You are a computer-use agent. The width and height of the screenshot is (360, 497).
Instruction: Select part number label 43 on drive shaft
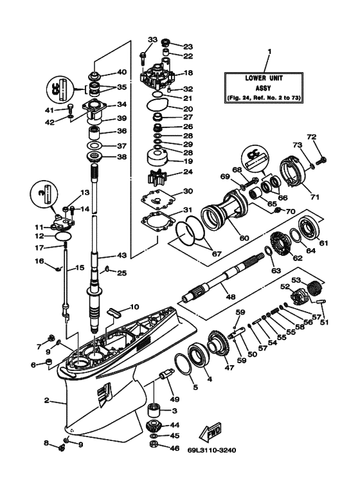122,255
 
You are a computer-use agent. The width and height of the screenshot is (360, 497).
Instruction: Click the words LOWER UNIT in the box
264,78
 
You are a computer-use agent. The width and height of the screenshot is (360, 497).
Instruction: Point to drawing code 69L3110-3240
212,450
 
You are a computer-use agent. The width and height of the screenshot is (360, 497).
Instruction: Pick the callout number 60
244,238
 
